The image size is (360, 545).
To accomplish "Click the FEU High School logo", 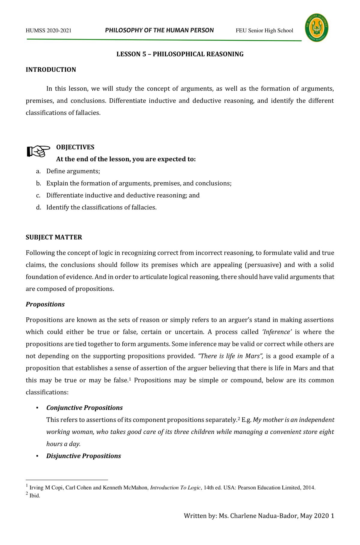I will point(316,28).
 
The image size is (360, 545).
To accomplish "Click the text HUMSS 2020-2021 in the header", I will point(49,31).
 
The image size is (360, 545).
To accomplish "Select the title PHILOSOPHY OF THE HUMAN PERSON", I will point(159,30).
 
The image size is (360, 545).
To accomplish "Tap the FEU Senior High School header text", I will point(264,31).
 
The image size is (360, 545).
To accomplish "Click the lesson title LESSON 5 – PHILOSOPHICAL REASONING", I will point(180,54).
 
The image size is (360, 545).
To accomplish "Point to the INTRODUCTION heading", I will point(51,70).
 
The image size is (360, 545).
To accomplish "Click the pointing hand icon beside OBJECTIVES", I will point(38,151).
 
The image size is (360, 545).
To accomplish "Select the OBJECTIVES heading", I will point(75,147).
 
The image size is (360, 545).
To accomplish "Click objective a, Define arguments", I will point(73,171).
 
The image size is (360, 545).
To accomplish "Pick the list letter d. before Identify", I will point(38,208).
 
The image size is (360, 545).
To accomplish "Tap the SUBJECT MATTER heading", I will point(54,238).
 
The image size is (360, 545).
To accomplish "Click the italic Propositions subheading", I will point(45,304).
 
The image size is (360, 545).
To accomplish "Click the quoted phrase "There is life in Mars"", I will point(230,356).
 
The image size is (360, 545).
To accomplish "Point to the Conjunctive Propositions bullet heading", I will point(84,408).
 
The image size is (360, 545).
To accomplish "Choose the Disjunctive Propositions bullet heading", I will point(83,456).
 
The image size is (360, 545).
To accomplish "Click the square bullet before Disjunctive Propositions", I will point(37,456).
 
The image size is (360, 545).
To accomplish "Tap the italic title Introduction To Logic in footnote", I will point(175,488).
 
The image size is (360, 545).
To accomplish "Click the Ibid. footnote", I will point(34,496).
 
